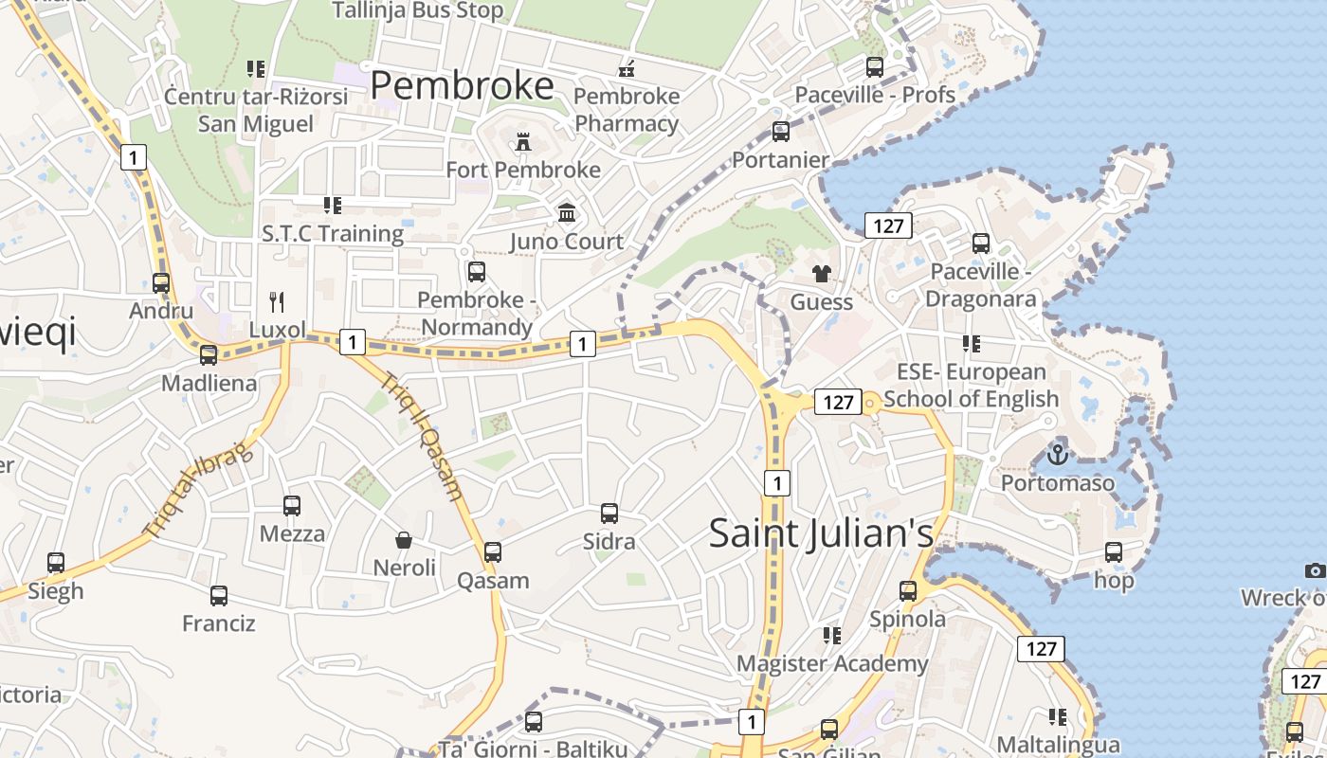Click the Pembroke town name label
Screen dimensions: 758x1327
point(462,85)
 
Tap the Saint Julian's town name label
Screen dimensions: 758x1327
point(821,532)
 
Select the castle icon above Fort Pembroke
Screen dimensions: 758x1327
point(522,142)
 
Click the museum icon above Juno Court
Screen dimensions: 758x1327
point(567,212)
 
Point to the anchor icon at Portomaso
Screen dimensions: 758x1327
point(1058,454)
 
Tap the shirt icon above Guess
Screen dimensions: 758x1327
point(821,274)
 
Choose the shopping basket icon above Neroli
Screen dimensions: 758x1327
point(404,540)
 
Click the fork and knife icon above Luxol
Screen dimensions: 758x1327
point(277,302)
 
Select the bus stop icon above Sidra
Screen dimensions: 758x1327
point(609,514)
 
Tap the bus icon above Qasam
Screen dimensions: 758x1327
point(493,552)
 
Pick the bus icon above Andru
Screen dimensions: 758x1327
point(161,282)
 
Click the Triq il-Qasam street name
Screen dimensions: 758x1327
point(423,435)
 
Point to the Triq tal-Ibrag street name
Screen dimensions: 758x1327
point(199,488)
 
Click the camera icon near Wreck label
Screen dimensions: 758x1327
point(1315,569)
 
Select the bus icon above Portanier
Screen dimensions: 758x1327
point(781,131)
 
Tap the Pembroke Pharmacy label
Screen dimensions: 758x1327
point(627,110)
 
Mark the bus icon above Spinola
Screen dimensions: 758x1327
point(908,591)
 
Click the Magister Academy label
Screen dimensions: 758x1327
point(832,663)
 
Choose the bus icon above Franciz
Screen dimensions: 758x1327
point(219,596)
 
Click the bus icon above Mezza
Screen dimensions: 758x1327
point(292,506)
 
